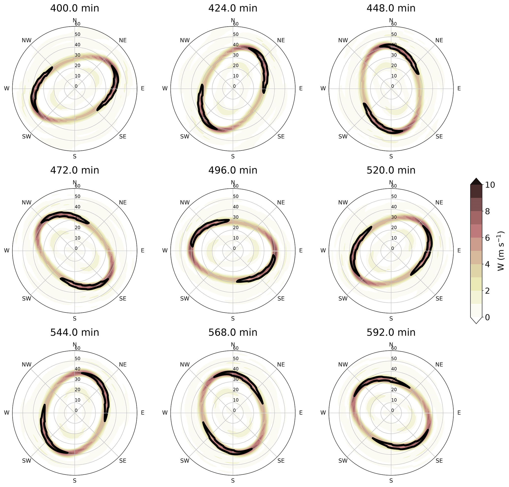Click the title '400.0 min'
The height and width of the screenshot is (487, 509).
(75, 8)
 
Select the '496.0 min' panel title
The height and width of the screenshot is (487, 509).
(232, 170)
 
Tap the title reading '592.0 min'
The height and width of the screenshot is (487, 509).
(391, 332)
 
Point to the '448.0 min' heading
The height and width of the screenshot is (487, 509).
(391, 8)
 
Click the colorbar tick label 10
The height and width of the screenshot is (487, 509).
(490, 185)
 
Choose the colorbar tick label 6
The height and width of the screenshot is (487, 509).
(487, 238)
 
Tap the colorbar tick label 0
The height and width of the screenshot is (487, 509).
(487, 317)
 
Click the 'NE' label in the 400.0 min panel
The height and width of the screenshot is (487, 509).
(123, 40)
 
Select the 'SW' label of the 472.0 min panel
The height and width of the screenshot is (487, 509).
(27, 299)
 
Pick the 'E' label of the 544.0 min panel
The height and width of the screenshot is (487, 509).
(143, 413)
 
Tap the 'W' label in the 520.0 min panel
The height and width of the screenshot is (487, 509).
(323, 251)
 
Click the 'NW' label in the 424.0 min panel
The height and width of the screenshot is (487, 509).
(185, 40)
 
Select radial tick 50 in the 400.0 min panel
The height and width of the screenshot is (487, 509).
(77, 34)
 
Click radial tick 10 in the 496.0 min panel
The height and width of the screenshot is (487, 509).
(235, 238)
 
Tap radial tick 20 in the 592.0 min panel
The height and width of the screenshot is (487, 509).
(394, 390)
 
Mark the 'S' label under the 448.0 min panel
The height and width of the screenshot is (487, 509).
(391, 156)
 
